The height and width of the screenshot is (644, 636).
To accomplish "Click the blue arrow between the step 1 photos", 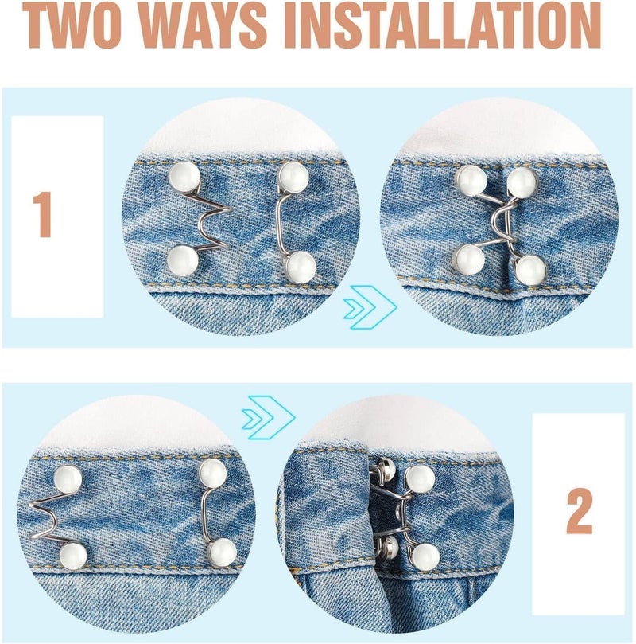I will click(370, 306).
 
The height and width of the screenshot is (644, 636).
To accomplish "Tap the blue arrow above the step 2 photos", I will click(268, 415).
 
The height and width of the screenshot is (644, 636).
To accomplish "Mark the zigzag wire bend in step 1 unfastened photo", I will click(215, 214).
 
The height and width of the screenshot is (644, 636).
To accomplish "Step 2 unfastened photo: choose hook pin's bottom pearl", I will click(222, 550).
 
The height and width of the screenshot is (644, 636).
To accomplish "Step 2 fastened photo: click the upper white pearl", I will click(419, 478).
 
